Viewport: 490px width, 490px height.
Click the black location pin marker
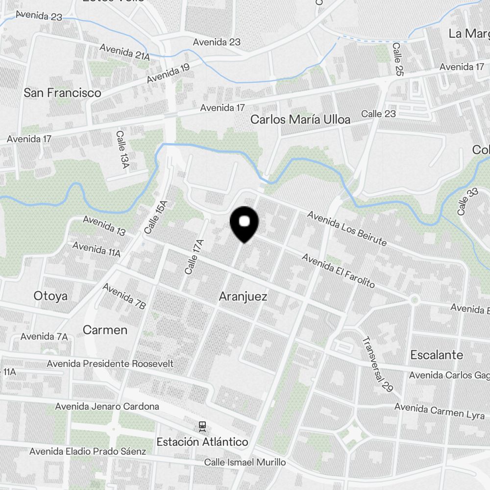(x=244, y=224)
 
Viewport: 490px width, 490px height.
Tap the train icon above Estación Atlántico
(x=202, y=426)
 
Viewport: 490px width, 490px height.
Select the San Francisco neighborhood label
(x=63, y=93)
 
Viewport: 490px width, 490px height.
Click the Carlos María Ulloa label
(x=300, y=119)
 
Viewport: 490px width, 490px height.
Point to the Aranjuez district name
(x=243, y=296)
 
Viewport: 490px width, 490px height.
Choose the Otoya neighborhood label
(x=50, y=295)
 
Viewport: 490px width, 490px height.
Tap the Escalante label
(x=437, y=355)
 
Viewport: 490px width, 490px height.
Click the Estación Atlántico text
(x=202, y=442)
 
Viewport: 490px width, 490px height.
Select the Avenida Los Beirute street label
(x=347, y=228)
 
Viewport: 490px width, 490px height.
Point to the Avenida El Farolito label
(x=338, y=270)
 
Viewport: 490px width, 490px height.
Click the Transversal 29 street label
(x=377, y=364)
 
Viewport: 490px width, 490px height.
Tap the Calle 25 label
(x=397, y=59)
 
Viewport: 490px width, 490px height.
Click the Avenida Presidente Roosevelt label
(x=110, y=364)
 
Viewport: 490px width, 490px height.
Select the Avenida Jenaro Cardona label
(x=107, y=406)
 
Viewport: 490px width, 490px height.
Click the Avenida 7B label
(x=124, y=296)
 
